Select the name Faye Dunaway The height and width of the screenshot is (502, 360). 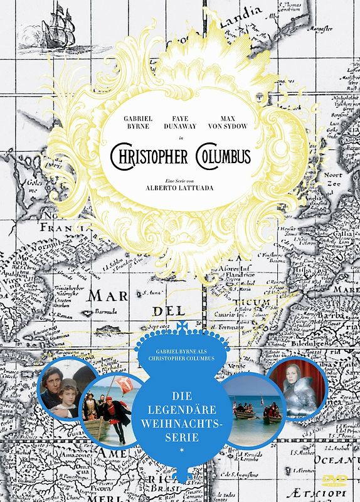(179, 122)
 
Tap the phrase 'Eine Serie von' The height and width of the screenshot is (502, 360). (179, 180)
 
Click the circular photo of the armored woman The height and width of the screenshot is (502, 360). (299, 387)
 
